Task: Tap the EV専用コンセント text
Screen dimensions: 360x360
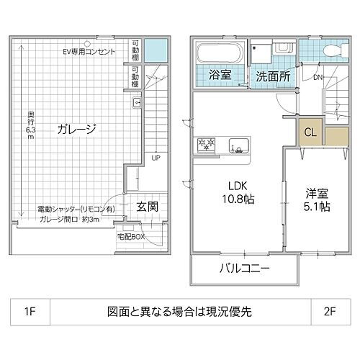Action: [x=88, y=52]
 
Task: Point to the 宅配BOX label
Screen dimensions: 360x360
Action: [x=131, y=236]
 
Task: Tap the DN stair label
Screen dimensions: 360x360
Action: [x=318, y=77]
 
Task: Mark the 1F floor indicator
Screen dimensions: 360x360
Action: [x=30, y=314]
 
